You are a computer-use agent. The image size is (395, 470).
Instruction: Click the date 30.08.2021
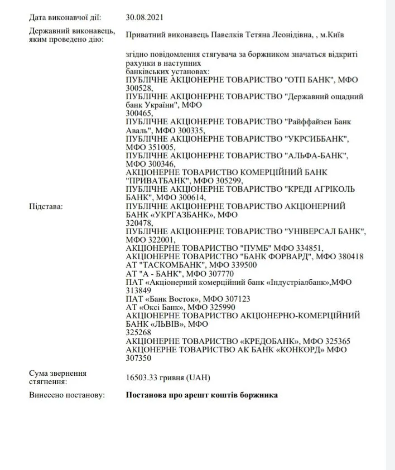click(144, 18)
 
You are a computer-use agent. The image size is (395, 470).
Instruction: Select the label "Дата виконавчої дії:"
click(65, 18)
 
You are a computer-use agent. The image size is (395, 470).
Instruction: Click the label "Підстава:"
click(46, 206)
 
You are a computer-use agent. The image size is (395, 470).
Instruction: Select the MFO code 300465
click(138, 113)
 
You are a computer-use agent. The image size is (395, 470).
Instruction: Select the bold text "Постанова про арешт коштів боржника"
click(201, 395)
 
